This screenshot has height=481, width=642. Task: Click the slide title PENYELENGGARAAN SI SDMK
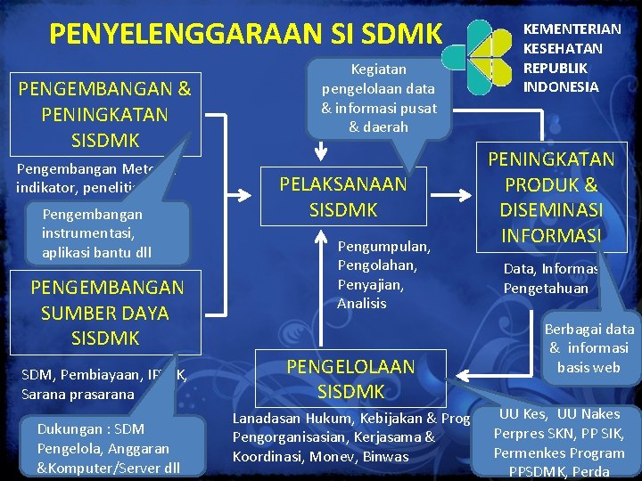245,34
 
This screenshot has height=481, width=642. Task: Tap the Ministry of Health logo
481,54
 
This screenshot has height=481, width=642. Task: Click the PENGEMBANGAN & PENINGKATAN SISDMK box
104,114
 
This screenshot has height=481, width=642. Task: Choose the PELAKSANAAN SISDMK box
342,197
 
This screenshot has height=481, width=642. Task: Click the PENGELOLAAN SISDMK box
350,379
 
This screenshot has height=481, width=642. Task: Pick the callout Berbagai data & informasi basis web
588,348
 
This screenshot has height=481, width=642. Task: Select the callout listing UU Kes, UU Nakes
559,442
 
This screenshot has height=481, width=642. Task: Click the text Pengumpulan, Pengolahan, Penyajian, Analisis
383,274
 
